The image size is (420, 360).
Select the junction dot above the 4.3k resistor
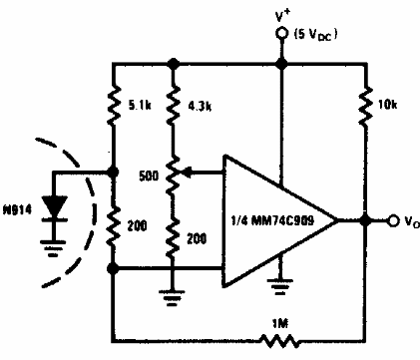(174, 63)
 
